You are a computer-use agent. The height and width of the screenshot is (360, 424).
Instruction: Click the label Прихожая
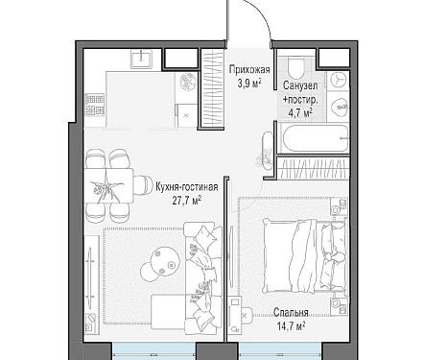(x=249, y=70)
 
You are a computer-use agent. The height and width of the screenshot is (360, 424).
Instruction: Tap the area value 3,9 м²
(x=249, y=84)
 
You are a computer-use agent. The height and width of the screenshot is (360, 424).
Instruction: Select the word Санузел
(x=300, y=85)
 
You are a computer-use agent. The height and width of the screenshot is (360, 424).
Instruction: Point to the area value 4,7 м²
(x=300, y=112)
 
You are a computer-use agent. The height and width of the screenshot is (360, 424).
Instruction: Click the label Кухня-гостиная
(x=187, y=187)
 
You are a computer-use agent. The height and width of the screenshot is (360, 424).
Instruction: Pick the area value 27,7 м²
(x=187, y=201)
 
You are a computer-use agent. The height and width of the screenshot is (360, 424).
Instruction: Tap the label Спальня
(x=291, y=313)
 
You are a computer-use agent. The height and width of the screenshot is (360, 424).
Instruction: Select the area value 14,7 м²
(x=291, y=326)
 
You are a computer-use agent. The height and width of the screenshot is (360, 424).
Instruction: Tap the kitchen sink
(x=142, y=60)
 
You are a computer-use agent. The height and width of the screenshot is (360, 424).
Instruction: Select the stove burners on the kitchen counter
(x=95, y=105)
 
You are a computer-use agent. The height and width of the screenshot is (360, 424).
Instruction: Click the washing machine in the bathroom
(x=337, y=80)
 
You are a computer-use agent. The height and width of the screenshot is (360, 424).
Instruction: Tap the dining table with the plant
(x=108, y=186)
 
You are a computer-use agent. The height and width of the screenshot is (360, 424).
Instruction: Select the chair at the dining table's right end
(x=143, y=185)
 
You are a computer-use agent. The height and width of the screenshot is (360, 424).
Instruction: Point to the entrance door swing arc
(x=261, y=15)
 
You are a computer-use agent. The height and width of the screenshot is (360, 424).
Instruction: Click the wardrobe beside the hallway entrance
(x=214, y=88)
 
